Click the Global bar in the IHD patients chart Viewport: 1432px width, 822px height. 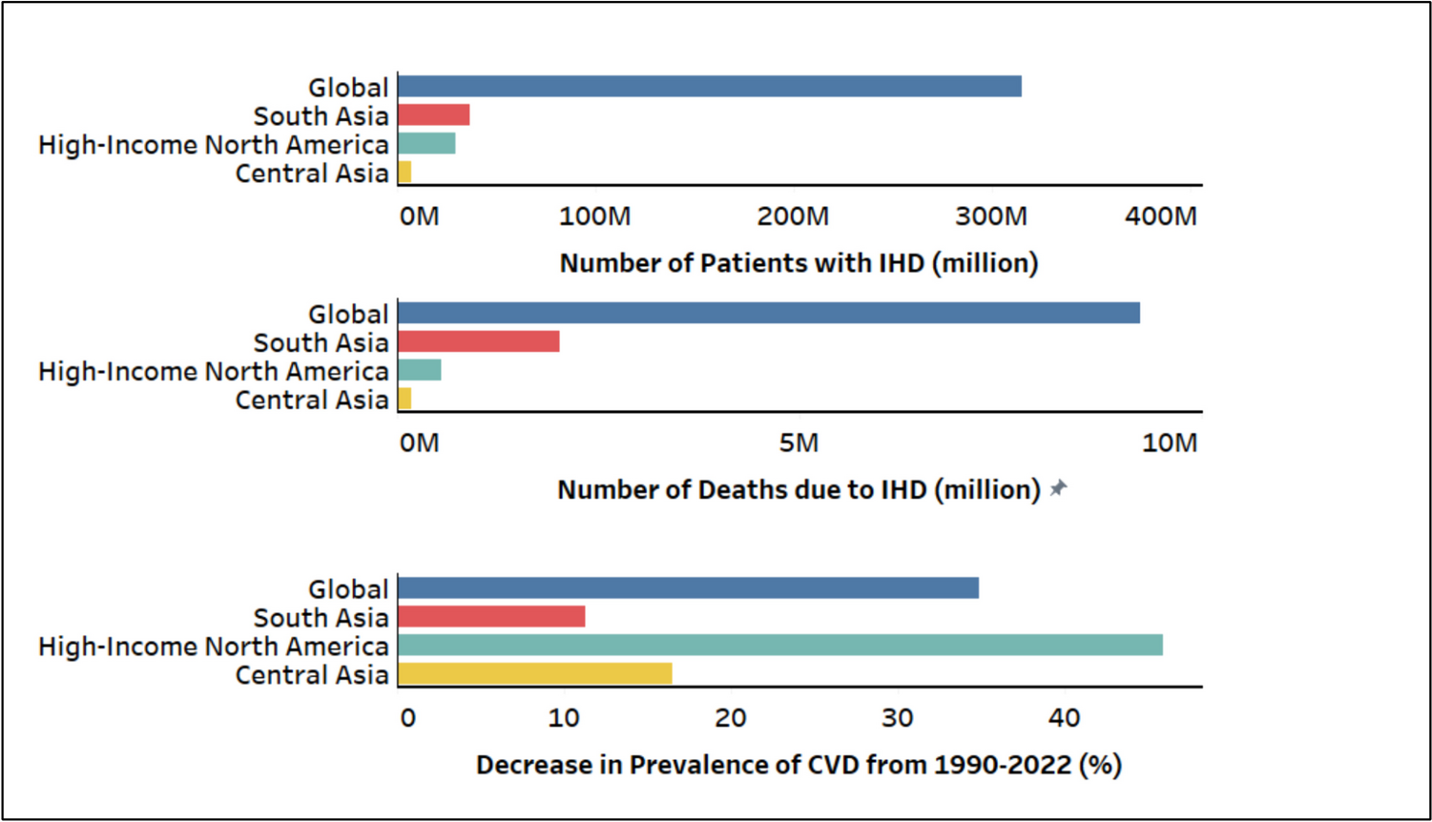click(710, 87)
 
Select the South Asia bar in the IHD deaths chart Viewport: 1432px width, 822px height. click(479, 341)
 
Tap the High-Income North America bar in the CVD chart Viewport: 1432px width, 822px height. click(780, 646)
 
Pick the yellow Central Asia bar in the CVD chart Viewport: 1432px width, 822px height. click(535, 674)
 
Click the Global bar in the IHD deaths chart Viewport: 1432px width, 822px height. click(769, 313)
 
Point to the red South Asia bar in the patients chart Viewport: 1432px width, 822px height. click(434, 115)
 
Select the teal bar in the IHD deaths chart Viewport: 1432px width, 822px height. click(420, 370)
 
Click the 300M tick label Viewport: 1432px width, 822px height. click(991, 216)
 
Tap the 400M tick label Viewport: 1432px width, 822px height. click(1160, 216)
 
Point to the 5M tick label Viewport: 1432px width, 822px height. click(799, 443)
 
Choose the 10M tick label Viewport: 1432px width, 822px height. click(1170, 443)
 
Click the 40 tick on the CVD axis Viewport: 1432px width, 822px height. click(1065, 718)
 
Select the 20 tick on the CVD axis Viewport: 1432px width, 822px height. click(731, 718)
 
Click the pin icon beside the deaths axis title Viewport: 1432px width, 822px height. click(1058, 488)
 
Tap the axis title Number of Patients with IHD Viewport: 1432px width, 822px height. click(799, 263)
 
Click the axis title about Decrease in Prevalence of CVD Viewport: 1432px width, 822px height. click(799, 765)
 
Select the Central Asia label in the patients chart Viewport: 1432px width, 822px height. click(312, 174)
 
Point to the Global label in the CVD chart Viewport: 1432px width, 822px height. click(348, 589)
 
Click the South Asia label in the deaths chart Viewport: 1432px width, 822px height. click(321, 342)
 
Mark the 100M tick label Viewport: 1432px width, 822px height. click(594, 216)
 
